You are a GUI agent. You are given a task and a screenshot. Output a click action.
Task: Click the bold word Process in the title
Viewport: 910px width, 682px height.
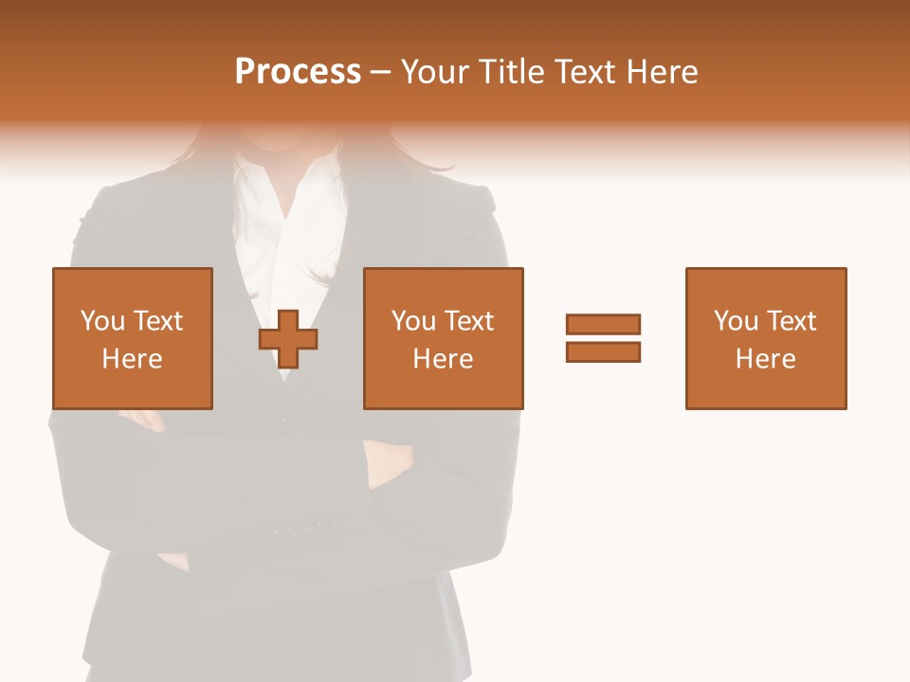(298, 72)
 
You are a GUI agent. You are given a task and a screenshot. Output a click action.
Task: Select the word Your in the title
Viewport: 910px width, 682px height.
(437, 72)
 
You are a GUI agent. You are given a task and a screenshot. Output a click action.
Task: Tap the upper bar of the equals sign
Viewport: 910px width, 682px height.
(603, 324)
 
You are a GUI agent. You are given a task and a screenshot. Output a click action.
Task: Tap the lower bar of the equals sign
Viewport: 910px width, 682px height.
(603, 351)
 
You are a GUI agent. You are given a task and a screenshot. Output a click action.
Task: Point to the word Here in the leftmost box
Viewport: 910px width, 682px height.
(132, 359)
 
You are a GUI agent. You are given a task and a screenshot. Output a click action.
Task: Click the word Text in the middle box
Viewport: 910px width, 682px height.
(469, 321)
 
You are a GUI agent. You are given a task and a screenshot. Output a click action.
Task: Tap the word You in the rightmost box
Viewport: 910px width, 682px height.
(737, 321)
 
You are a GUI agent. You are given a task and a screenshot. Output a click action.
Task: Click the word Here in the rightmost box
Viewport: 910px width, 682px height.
(765, 359)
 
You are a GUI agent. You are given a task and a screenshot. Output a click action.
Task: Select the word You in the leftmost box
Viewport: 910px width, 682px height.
(103, 321)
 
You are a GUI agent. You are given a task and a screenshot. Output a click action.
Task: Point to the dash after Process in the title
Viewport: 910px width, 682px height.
(380, 73)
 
